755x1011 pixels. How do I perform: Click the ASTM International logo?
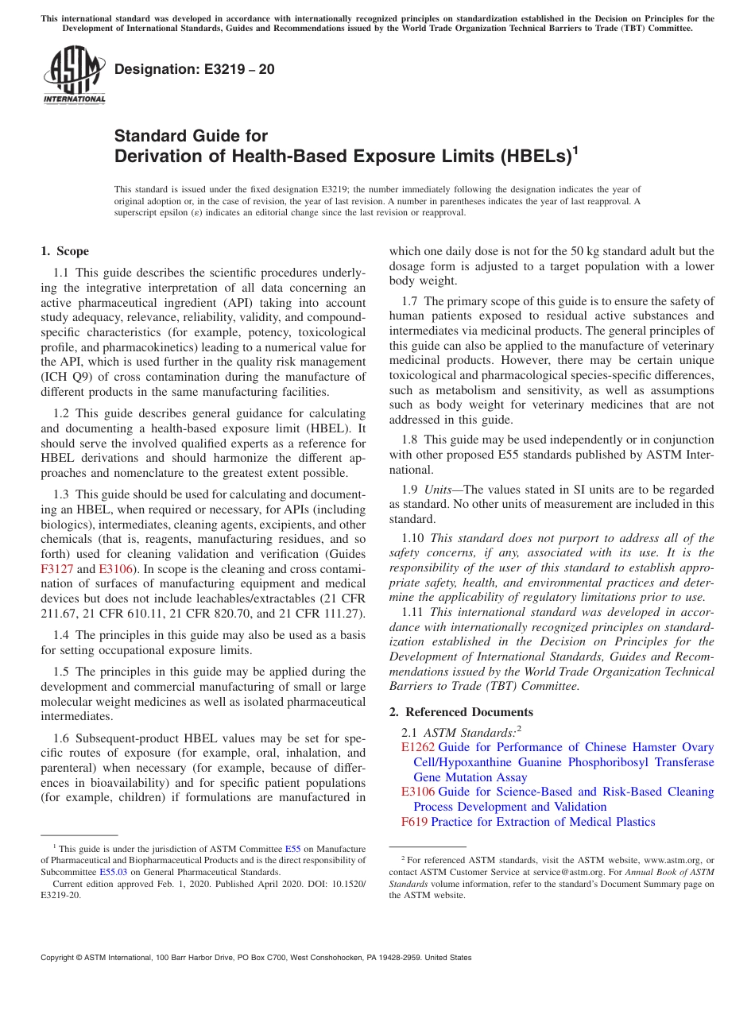coord(74,76)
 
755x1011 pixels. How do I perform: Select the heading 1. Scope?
coord(64,252)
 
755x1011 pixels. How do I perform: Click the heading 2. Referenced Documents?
coord(461,711)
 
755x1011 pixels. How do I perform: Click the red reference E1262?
coord(418,747)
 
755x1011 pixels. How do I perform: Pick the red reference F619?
coord(415,821)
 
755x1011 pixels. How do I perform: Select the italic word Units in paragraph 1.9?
coord(437,489)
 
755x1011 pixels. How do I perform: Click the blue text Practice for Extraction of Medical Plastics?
coord(543,821)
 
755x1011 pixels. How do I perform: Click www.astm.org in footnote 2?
coord(666,860)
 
